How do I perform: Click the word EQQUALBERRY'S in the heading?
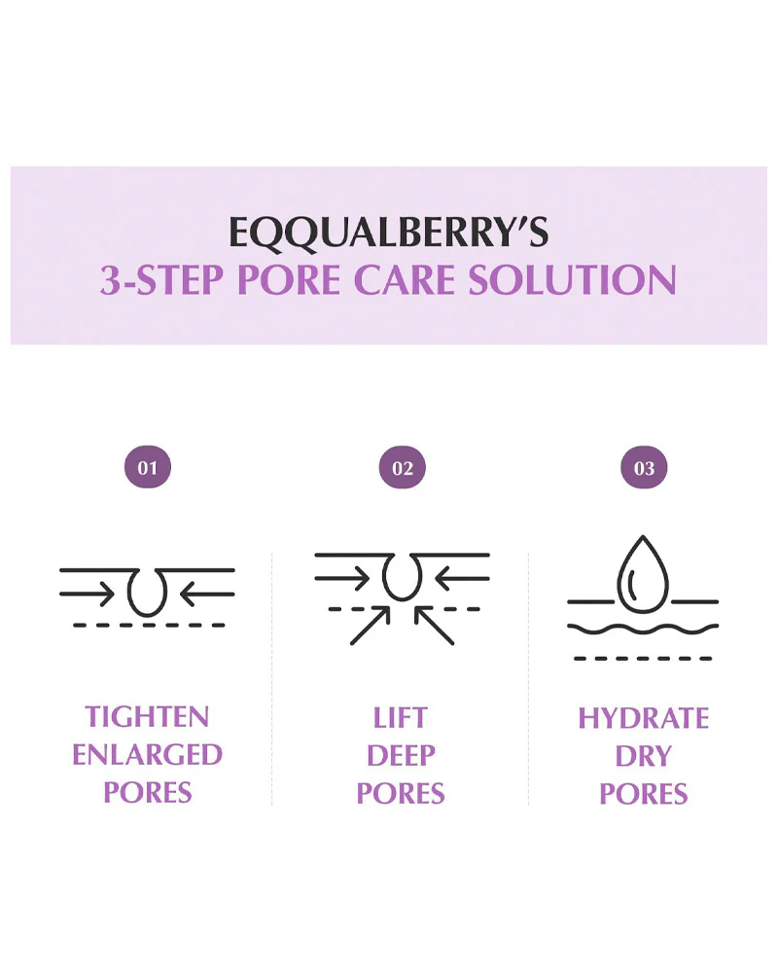click(389, 234)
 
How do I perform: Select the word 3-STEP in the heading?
click(162, 280)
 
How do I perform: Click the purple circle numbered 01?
click(148, 467)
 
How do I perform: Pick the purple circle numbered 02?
click(402, 467)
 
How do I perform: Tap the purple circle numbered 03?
click(644, 467)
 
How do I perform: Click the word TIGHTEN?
click(147, 717)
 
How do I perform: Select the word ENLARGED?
click(147, 755)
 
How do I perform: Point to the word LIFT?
click(400, 718)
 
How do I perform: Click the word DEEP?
click(401, 756)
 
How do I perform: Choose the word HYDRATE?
click(644, 719)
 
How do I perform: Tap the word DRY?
click(644, 756)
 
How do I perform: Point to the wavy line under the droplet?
click(643, 630)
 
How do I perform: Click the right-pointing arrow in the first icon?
click(87, 594)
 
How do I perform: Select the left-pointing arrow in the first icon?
click(207, 594)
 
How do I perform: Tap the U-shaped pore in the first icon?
click(147, 594)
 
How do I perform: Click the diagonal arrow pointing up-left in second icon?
click(434, 625)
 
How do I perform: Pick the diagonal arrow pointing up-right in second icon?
click(371, 625)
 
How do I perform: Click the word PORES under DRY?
click(644, 794)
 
